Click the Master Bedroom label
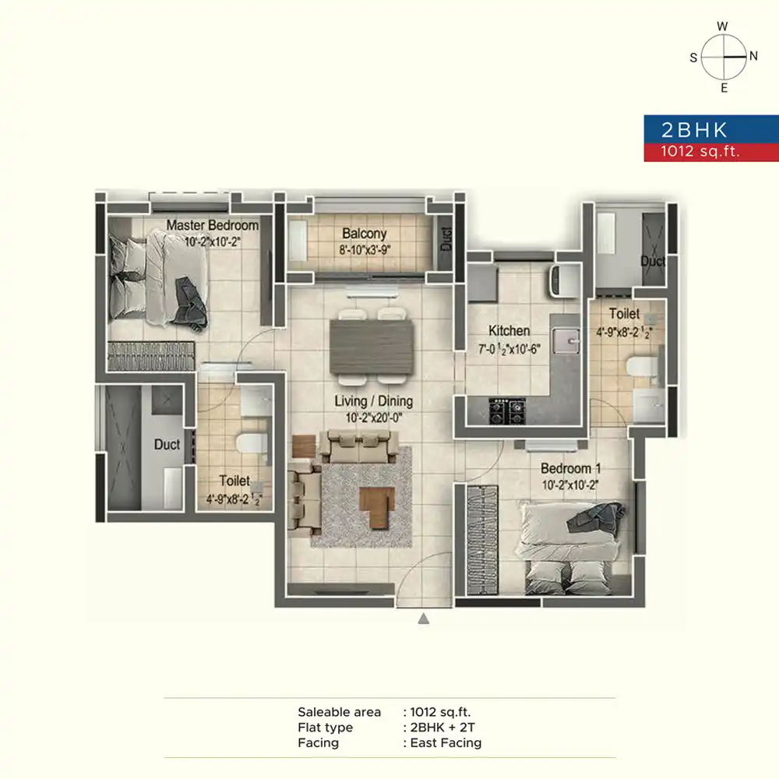pos(212,225)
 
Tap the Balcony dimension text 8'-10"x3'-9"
pos(365,250)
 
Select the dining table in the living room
pos(372,347)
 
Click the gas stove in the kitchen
pos(507,411)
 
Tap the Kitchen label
pos(509,331)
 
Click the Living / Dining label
pos(374,401)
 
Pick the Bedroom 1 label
pos(570,468)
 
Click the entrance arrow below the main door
pos(423,619)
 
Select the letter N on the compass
pos(753,56)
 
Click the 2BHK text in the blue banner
pos(694,130)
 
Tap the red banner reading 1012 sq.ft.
pos(711,152)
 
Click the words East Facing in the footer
pos(446,742)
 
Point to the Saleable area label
pos(340,712)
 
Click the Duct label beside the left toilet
pos(167,444)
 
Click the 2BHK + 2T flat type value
pos(442,728)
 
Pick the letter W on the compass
pos(722,26)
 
